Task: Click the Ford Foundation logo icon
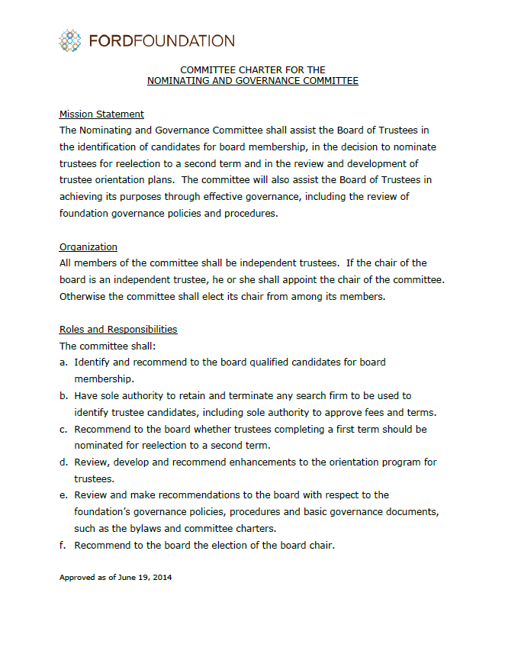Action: click(x=70, y=40)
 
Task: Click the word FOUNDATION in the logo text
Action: click(x=184, y=40)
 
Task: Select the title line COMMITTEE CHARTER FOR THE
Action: click(x=252, y=69)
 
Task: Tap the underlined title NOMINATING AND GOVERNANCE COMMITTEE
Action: click(x=252, y=80)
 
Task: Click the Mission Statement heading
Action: click(x=101, y=114)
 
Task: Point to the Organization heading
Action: click(x=88, y=246)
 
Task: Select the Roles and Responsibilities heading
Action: click(x=118, y=330)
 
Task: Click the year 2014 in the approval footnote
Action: click(x=162, y=578)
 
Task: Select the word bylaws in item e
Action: click(x=159, y=528)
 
